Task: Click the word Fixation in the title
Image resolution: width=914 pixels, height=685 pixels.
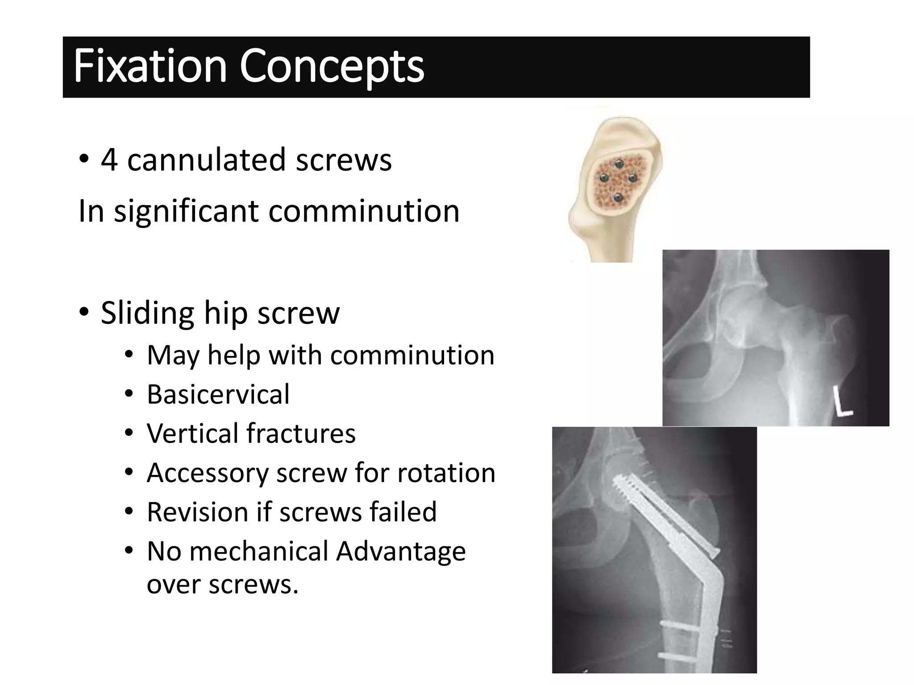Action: (x=150, y=67)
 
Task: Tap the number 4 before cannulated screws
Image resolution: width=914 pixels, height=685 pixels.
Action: (x=109, y=160)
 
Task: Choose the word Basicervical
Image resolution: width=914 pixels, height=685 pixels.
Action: (x=218, y=394)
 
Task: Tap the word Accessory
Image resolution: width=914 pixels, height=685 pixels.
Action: (x=207, y=472)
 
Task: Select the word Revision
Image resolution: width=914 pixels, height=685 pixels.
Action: (x=197, y=512)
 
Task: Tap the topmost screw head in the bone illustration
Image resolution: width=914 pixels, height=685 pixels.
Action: (x=619, y=164)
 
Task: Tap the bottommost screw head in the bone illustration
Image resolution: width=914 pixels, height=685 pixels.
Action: (x=618, y=197)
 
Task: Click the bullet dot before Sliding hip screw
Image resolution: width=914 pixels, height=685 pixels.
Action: (x=84, y=312)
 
